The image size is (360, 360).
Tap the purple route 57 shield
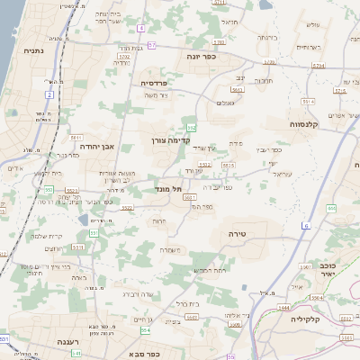pos(152,44)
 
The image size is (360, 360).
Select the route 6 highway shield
pos(306,225)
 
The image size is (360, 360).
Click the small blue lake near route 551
pos(84,220)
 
